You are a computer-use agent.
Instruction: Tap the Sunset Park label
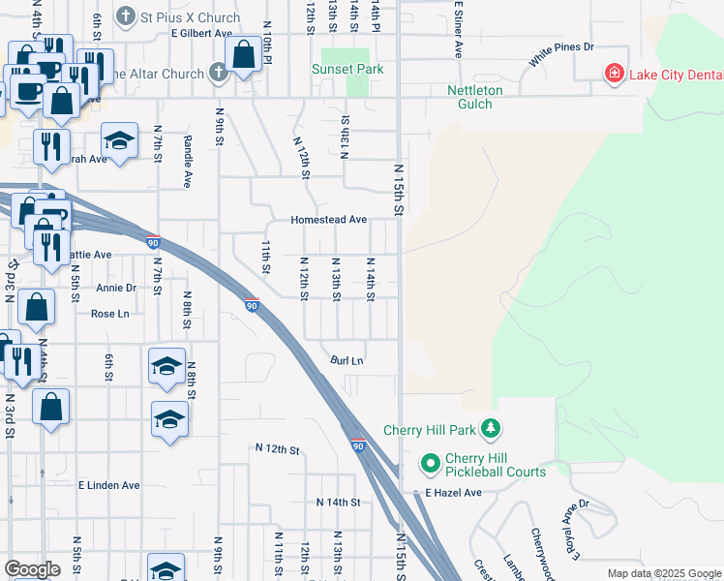[x=347, y=69]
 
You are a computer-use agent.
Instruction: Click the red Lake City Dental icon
[x=612, y=74]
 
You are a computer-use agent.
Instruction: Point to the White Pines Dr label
[x=560, y=54]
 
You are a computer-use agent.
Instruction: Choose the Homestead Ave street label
[x=329, y=220]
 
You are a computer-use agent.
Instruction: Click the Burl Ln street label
[x=347, y=360]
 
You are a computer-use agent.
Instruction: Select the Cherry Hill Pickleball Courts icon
[x=430, y=465]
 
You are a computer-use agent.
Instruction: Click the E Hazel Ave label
[x=454, y=493]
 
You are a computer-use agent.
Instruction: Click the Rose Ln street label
[x=109, y=314]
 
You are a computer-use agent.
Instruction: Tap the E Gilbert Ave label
[x=202, y=33]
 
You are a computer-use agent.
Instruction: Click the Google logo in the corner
[x=33, y=569]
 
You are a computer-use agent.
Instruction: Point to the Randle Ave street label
[x=187, y=160]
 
